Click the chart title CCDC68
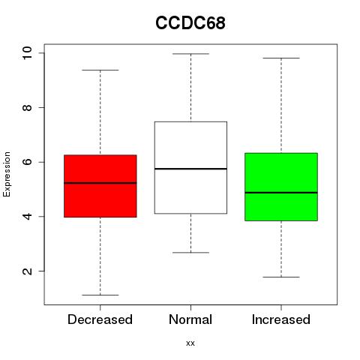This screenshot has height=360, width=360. tap(190, 23)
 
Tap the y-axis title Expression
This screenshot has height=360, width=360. tap(7, 174)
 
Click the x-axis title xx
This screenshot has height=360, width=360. tap(190, 343)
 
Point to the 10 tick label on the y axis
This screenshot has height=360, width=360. tap(27, 53)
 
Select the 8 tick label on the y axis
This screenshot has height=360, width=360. tap(27, 107)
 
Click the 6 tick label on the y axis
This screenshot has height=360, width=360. tap(27, 162)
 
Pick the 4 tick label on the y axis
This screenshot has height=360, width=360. tap(27, 216)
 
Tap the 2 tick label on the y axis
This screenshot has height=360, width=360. tap(27, 271)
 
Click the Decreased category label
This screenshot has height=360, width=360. tap(100, 319)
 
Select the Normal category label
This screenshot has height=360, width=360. tap(190, 319)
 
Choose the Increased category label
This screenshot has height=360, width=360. tap(281, 319)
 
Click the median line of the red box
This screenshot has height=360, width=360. tap(100, 183)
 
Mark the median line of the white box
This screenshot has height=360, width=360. tap(190, 169)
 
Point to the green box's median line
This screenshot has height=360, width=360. tap(281, 193)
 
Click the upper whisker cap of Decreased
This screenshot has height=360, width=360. tap(100, 70)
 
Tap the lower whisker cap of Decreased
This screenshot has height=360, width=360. tap(100, 295)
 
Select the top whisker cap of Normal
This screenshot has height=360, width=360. tap(190, 54)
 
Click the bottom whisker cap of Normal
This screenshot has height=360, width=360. tap(190, 253)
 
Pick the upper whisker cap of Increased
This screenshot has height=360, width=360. tap(281, 58)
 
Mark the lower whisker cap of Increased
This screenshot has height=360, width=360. tap(281, 277)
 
